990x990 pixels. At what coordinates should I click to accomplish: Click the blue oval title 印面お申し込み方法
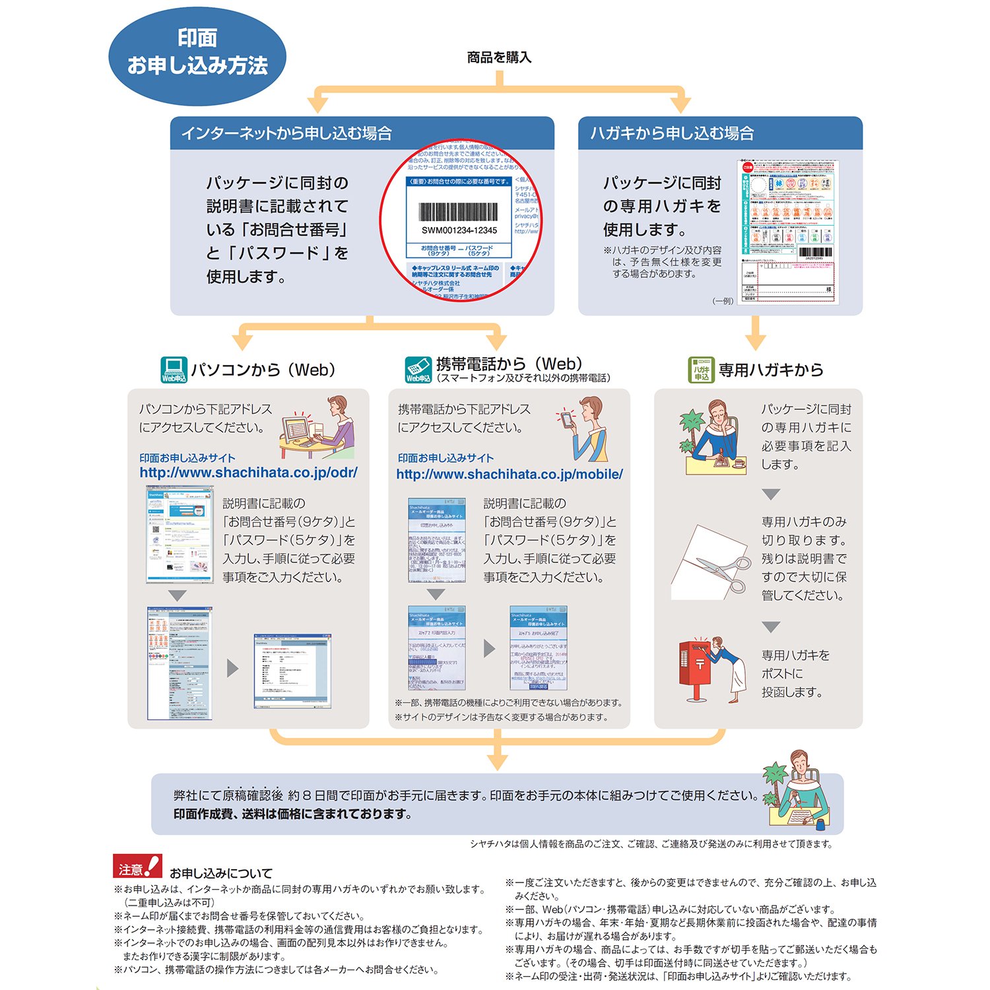pyautogui.click(x=197, y=53)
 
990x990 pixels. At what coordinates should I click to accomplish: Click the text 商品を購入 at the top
pyautogui.click(x=499, y=57)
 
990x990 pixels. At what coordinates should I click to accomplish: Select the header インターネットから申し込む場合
pyautogui.click(x=286, y=133)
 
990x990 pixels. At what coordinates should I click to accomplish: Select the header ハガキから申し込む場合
pyautogui.click(x=672, y=133)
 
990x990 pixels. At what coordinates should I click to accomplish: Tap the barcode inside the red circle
pyautogui.click(x=459, y=211)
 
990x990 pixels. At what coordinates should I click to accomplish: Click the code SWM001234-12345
pyautogui.click(x=459, y=230)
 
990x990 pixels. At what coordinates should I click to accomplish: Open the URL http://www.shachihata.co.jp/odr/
pyautogui.click(x=248, y=473)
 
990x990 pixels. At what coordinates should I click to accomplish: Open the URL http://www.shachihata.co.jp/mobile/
pyautogui.click(x=509, y=474)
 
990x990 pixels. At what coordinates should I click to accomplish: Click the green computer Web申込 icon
pyautogui.click(x=174, y=370)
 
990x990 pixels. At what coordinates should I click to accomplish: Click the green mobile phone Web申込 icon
pyautogui.click(x=418, y=370)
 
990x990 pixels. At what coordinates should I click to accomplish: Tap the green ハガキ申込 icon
pyautogui.click(x=701, y=370)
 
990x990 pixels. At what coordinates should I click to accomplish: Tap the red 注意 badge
pyautogui.click(x=137, y=867)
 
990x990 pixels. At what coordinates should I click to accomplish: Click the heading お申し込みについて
pyautogui.click(x=220, y=873)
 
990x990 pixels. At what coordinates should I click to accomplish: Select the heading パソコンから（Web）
pyautogui.click(x=264, y=370)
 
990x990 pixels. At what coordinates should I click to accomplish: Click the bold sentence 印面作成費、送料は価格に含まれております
pyautogui.click(x=293, y=814)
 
